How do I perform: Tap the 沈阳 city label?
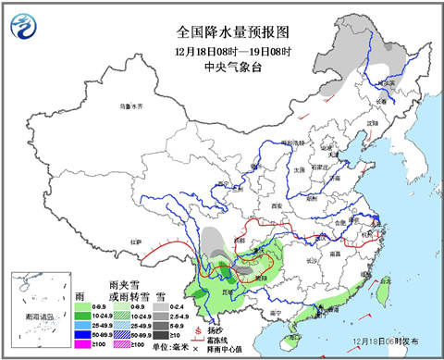click(x=373, y=121)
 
